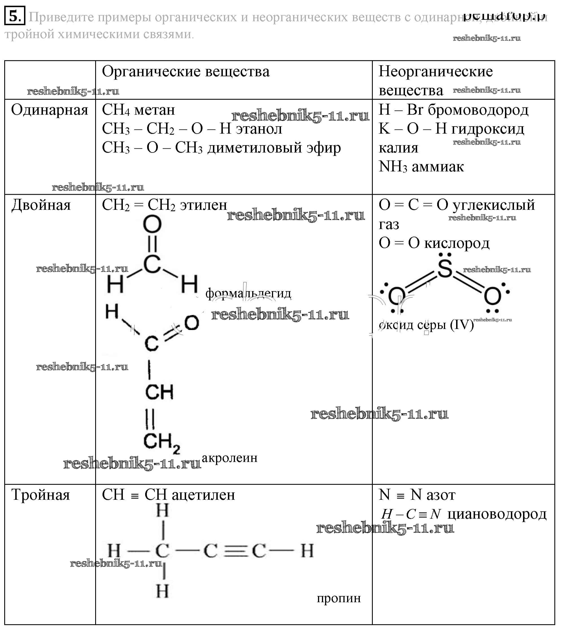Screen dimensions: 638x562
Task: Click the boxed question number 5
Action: (x=14, y=16)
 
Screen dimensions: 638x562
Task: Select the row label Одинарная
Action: (x=49, y=110)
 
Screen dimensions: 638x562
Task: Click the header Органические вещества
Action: (x=186, y=71)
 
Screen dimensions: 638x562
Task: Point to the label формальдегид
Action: (x=248, y=293)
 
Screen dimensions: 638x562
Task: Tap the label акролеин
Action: (x=230, y=458)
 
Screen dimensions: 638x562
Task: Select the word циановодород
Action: (x=496, y=514)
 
